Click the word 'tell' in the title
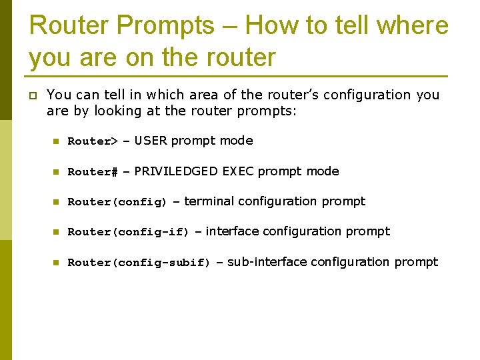[x=352, y=25]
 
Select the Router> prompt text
[x=93, y=141]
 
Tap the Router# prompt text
[x=93, y=172]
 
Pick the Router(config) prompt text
[x=117, y=202]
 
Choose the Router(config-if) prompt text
[x=129, y=232]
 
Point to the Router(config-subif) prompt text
[x=139, y=263]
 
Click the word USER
[x=151, y=141]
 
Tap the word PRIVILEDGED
[x=176, y=171]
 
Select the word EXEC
[x=238, y=171]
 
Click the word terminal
[x=209, y=201]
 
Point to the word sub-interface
[x=267, y=262]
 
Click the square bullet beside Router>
[x=57, y=141]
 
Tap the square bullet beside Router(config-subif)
[x=57, y=263]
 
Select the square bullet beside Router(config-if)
[x=57, y=232]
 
